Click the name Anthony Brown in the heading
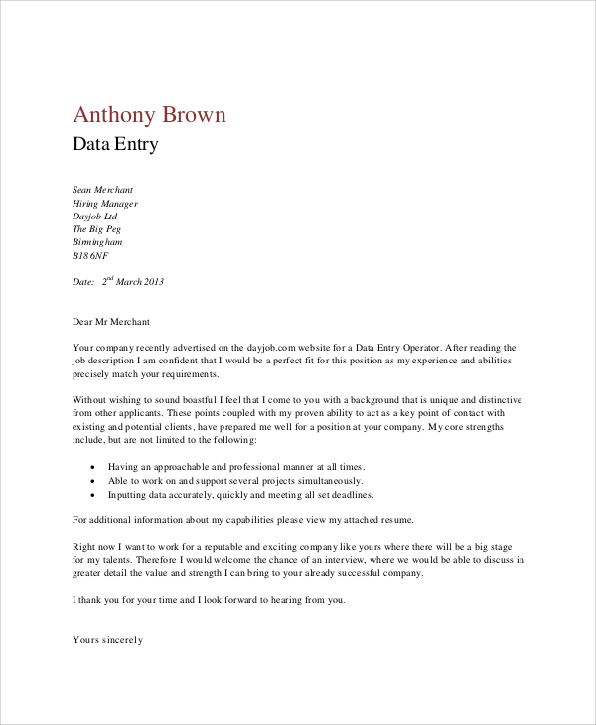[x=150, y=114]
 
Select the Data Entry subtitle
[x=115, y=145]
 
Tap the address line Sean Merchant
[x=102, y=189]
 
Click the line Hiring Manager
[x=105, y=203]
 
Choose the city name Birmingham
[x=97, y=241]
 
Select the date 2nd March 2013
[x=132, y=281]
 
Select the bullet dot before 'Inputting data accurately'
[x=92, y=495]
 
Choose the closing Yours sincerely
[x=108, y=640]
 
